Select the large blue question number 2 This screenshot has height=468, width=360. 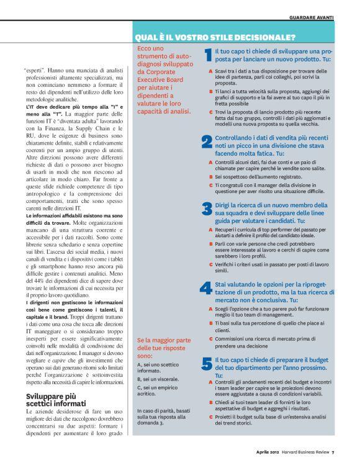(207, 142)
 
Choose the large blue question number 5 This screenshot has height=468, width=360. (207, 364)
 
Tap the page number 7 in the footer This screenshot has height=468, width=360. (333, 452)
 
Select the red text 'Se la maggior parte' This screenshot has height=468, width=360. (164, 340)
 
